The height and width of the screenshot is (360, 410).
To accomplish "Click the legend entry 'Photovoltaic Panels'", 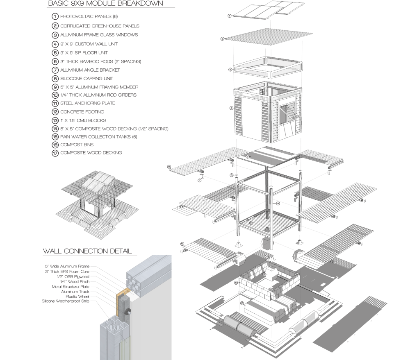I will [x=83, y=17].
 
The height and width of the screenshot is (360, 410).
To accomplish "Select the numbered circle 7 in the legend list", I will [x=55, y=70].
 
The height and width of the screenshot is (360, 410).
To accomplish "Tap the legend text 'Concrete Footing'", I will [x=82, y=112].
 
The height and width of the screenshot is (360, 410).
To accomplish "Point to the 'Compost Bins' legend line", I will [x=77, y=145].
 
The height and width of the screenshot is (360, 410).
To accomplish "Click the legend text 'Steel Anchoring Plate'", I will [x=87, y=103].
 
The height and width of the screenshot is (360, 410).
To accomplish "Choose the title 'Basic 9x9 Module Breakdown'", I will [x=105, y=4].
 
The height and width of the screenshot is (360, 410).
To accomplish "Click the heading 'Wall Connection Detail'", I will [x=87, y=251].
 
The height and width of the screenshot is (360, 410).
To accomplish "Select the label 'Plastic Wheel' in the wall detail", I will [x=77, y=296].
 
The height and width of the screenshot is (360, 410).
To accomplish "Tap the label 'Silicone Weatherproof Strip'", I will [x=66, y=301].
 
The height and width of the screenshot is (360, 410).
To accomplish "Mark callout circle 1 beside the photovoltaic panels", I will [x=230, y=16].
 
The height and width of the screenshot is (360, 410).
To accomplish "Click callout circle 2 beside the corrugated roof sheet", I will [x=222, y=39].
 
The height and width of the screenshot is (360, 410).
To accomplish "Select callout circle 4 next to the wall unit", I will [x=231, y=109].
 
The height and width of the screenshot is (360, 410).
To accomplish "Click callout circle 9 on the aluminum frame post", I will [x=278, y=203].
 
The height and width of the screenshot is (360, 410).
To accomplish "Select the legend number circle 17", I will [x=55, y=153].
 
